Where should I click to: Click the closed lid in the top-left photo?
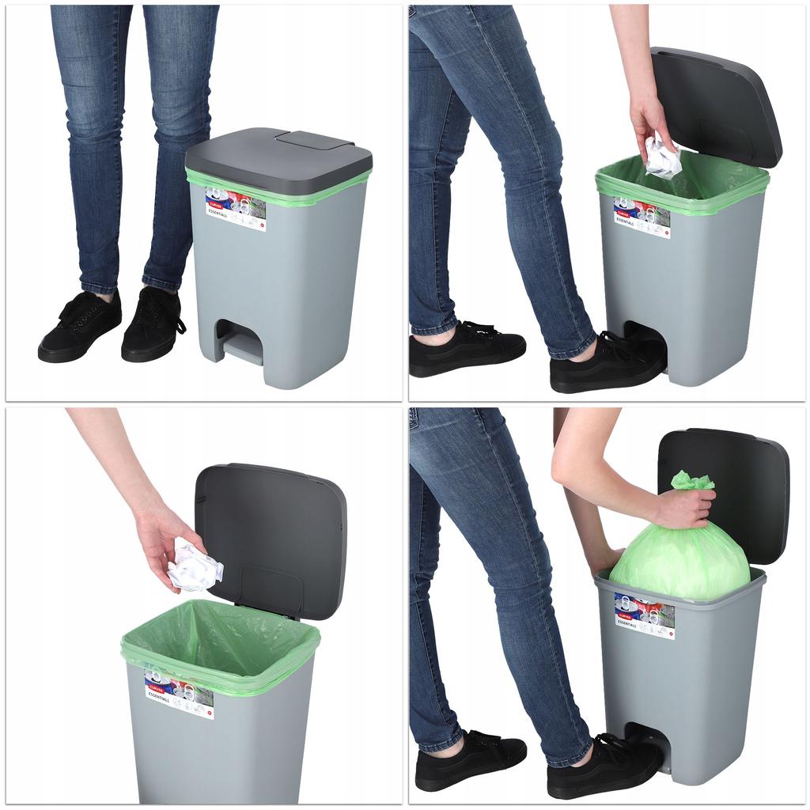(x=278, y=158)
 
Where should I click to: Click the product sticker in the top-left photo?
(x=236, y=208)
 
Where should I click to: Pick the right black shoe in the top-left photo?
(x=153, y=324)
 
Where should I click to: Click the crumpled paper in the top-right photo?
(x=662, y=157)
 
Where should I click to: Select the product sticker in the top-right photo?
(x=642, y=218)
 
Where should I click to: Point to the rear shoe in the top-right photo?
(x=467, y=348)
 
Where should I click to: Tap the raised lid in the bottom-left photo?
(x=271, y=538)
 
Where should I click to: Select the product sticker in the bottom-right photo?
(x=644, y=616)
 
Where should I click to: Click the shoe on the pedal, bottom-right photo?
(x=604, y=766)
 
